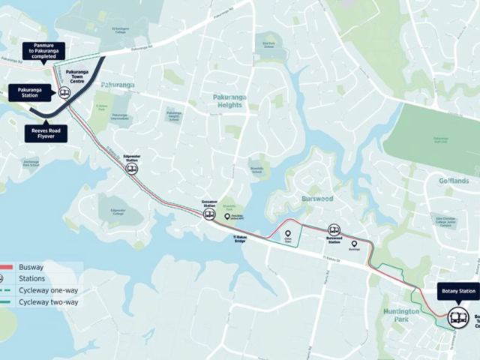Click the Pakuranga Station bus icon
click(x=64, y=94)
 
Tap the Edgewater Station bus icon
click(x=132, y=169)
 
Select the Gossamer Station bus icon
click(x=209, y=214)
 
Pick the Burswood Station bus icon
click(x=334, y=231)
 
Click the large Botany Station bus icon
click(x=457, y=318)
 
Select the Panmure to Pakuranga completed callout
click(x=43, y=50)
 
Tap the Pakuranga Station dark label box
click(x=30, y=91)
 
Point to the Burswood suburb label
click(x=317, y=200)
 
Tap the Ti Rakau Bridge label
click(x=235, y=239)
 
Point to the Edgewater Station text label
click(x=133, y=157)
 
